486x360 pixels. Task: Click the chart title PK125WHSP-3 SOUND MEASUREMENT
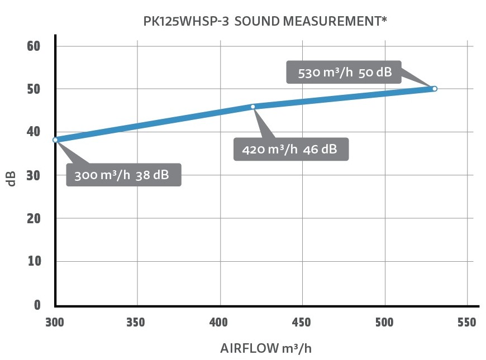pyautogui.click(x=265, y=22)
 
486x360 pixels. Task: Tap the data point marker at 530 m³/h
pyautogui.click(x=435, y=89)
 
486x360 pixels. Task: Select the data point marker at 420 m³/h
pyautogui.click(x=252, y=107)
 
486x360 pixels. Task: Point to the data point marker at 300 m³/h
pyautogui.click(x=55, y=140)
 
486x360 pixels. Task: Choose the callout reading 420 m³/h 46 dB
pyautogui.click(x=291, y=150)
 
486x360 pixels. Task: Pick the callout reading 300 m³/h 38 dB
pyautogui.click(x=123, y=175)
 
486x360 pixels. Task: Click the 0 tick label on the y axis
pyautogui.click(x=37, y=305)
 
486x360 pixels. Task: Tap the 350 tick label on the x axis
pyautogui.click(x=137, y=323)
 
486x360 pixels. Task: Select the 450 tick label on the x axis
pyautogui.click(x=302, y=323)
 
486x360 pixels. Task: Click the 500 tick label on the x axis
pyautogui.click(x=384, y=323)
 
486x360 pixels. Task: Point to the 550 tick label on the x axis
pyautogui.click(x=466, y=323)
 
